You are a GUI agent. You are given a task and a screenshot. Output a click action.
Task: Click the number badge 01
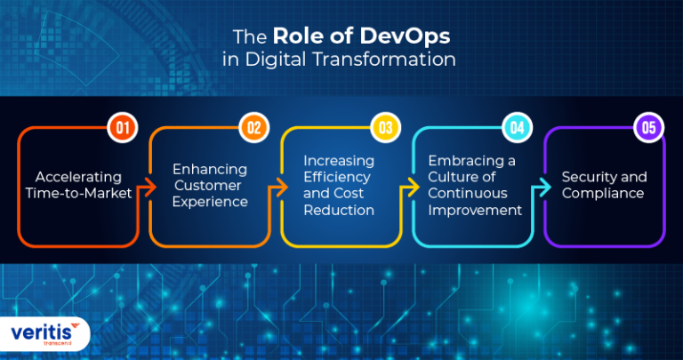click(x=123, y=128)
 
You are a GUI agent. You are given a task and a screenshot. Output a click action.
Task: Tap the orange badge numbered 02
click(x=253, y=128)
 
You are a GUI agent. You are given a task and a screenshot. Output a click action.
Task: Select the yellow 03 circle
click(x=385, y=128)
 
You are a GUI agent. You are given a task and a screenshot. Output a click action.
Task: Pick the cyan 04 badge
click(x=516, y=128)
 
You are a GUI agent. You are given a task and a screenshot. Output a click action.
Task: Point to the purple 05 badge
click(x=648, y=128)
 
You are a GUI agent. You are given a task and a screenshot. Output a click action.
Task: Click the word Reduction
click(x=339, y=211)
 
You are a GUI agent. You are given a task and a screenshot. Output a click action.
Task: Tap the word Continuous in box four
click(x=470, y=194)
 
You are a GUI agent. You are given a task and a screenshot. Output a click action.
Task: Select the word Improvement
click(x=475, y=211)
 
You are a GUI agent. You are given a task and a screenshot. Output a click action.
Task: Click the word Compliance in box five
click(x=603, y=194)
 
